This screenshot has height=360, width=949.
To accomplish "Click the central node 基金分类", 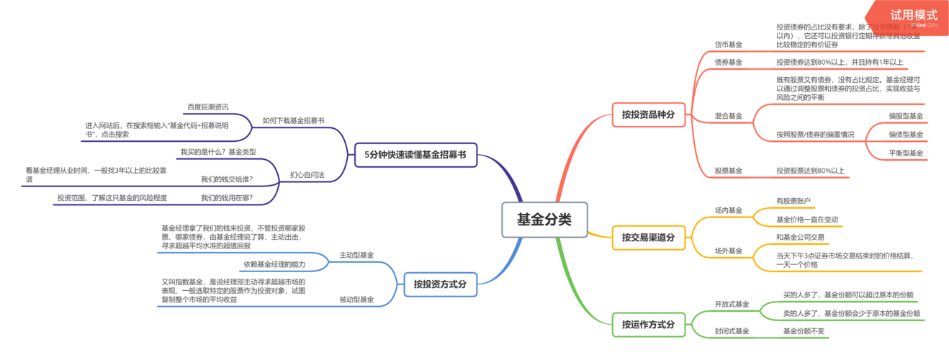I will [x=544, y=220].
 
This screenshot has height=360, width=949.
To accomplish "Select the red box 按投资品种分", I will [x=648, y=114].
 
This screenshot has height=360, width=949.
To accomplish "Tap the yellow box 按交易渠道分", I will [x=648, y=237].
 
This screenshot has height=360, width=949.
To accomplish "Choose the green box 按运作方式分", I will [x=648, y=325].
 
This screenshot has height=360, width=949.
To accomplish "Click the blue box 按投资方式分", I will [x=439, y=284].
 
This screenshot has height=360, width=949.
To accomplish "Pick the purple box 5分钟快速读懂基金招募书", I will [x=415, y=154].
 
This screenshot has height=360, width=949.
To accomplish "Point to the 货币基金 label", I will [x=728, y=45].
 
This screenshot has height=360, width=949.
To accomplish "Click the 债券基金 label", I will [x=728, y=63].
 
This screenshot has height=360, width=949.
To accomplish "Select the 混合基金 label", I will [x=728, y=116].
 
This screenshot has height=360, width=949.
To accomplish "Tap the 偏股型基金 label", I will [x=906, y=116].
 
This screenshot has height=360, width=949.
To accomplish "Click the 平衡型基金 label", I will [x=906, y=153].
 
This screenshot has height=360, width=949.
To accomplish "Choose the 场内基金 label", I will [x=728, y=210].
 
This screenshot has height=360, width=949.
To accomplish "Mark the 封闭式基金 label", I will [x=732, y=331].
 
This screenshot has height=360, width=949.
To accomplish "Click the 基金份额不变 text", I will [x=804, y=331].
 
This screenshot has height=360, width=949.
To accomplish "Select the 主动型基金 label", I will [x=356, y=255].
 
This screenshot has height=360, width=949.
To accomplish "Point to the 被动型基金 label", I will [x=356, y=300].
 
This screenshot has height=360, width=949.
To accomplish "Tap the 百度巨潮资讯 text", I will [x=208, y=107].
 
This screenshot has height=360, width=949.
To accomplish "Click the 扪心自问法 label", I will [x=307, y=175].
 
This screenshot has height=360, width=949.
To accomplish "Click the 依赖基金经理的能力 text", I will [x=274, y=264].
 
